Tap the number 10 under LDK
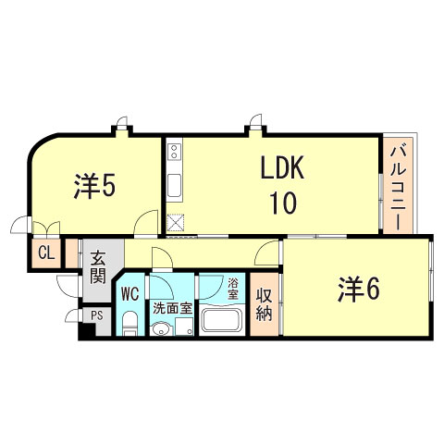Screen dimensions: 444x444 pos(282,202)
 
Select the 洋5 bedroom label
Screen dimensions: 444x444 pos(94,187)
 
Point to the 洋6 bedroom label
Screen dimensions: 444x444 pos(358,290)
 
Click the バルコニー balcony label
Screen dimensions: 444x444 pos(397,189)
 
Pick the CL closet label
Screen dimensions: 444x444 pos(44,253)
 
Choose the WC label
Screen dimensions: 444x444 pos(129,295)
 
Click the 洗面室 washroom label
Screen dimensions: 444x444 pos(172,308)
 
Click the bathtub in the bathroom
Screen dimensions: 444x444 pos(221,323)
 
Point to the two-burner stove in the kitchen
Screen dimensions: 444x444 pos(175,154)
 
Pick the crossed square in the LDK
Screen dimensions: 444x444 pos(176,221)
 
